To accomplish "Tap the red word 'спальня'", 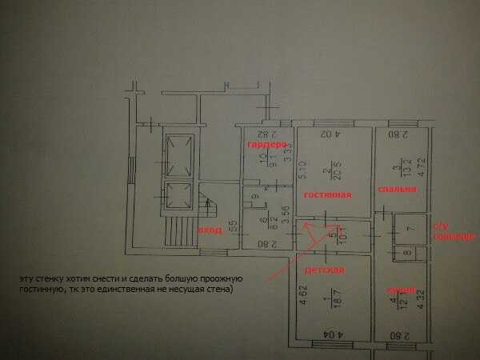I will click(398, 189).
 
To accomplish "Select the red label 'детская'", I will click(329, 270).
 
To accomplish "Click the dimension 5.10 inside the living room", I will click(302, 170).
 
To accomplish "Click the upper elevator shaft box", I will click(178, 154).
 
